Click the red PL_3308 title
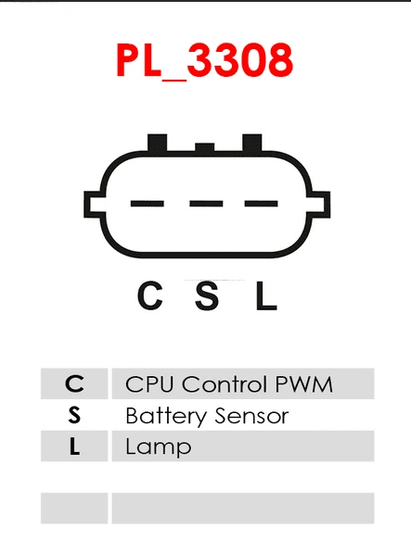point(205,61)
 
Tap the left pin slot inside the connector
point(148,204)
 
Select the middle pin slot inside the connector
point(206,204)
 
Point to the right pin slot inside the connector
point(261,204)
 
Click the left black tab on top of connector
point(157,143)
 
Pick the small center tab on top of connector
point(205,147)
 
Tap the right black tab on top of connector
point(252,143)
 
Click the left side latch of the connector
point(94,204)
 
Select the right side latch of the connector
point(320,204)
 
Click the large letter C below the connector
point(150,295)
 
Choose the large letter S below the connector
point(207,295)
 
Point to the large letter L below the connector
point(266,295)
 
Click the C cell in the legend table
point(74,383)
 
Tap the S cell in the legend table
point(74,415)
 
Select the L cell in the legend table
point(74,446)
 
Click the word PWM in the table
point(303,383)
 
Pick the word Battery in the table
point(166,416)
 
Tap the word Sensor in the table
point(252,416)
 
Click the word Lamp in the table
point(159,447)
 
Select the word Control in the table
point(225,383)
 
